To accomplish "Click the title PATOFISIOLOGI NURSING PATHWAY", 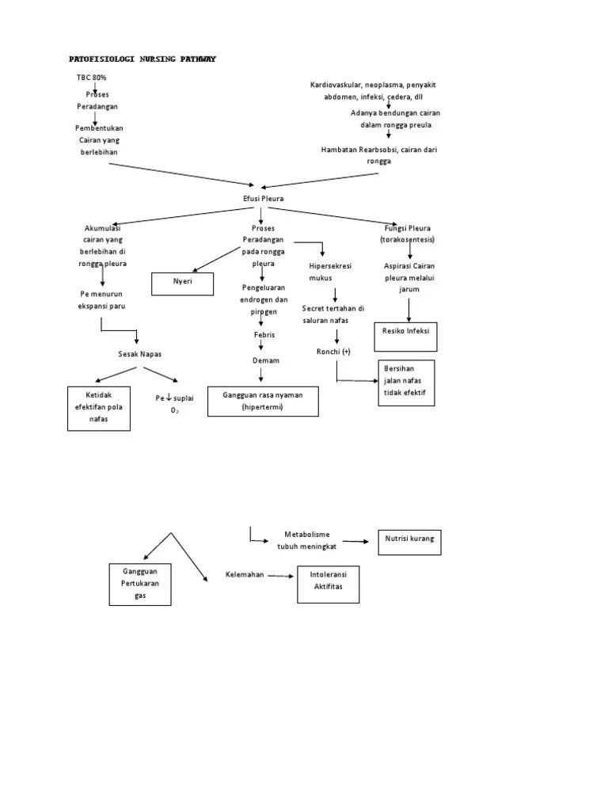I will pyautogui.click(x=142, y=59).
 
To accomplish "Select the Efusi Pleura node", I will pyautogui.click(x=263, y=198).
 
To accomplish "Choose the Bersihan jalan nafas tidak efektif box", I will pyautogui.click(x=406, y=382).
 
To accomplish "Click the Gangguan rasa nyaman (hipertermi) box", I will pyautogui.click(x=263, y=401).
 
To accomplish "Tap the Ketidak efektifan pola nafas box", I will pyautogui.click(x=99, y=408).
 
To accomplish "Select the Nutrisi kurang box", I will pyautogui.click(x=410, y=543).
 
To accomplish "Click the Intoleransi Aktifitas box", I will pyautogui.click(x=329, y=583).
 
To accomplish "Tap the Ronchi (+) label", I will pyautogui.click(x=333, y=351).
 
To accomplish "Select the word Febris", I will pyautogui.click(x=264, y=335).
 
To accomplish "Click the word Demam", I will pyautogui.click(x=265, y=360).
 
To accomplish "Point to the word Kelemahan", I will pyautogui.click(x=245, y=575).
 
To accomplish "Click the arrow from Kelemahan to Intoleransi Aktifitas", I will pyautogui.click(x=280, y=576).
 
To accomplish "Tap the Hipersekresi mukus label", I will pyautogui.click(x=331, y=272).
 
